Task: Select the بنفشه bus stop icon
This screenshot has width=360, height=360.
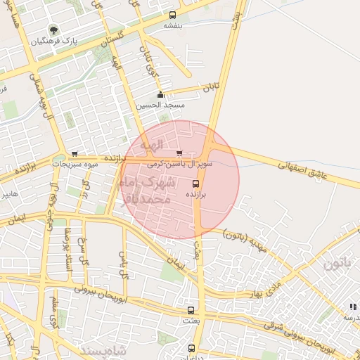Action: (172, 15)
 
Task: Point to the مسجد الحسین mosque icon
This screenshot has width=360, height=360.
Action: (160, 95)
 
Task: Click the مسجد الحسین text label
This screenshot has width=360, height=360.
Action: (169, 105)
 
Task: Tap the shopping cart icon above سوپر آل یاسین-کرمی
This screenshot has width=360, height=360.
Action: (179, 153)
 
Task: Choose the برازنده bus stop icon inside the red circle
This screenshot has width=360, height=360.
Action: (195, 184)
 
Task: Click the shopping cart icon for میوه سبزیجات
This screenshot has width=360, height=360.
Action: (74, 155)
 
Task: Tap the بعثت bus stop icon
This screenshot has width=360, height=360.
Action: (190, 310)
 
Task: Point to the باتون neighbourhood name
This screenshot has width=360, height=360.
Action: (336, 264)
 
